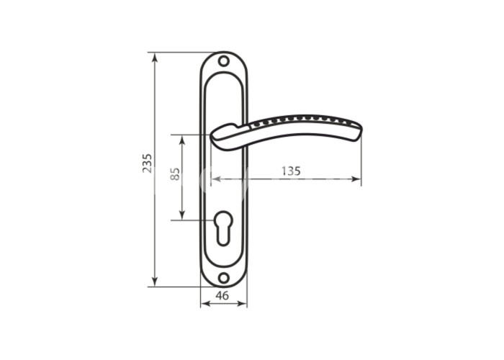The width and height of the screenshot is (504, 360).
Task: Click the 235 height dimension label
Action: tap(147, 163)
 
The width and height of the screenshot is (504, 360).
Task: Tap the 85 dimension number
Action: tap(175, 174)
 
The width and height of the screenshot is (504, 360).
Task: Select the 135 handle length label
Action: tap(291, 171)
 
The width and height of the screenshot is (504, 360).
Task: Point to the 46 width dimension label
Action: tap(222, 295)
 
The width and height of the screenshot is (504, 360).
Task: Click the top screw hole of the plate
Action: tap(223, 60)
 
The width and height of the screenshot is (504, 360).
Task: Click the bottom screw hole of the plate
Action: tap(224, 277)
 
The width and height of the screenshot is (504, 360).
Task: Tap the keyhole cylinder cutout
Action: tap(224, 228)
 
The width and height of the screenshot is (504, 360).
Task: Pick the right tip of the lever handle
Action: tap(361, 131)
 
